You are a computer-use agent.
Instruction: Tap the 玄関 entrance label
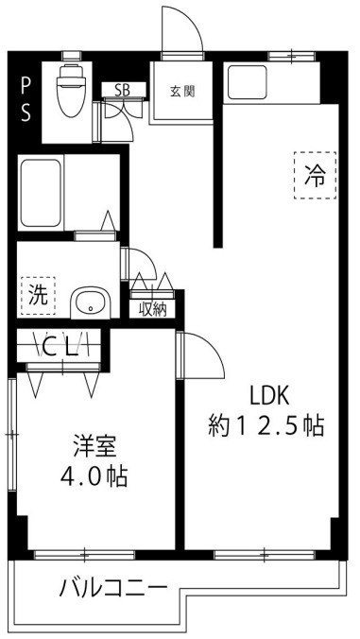point(182,92)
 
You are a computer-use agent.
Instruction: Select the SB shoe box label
point(123,91)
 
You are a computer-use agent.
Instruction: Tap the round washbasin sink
point(91,303)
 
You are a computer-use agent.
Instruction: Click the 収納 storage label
point(153,307)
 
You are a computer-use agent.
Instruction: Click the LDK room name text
point(267,395)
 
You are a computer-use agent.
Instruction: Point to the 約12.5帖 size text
point(266,426)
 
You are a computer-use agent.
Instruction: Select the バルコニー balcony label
point(113,588)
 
